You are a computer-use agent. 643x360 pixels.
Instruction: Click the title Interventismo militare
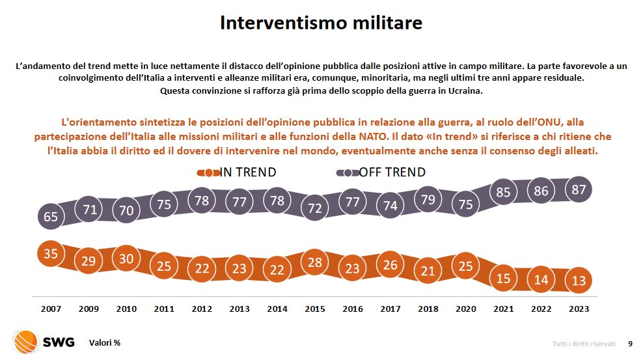321,23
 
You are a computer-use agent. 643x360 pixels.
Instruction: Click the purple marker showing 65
51,217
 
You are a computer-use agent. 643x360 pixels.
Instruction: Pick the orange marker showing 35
51,253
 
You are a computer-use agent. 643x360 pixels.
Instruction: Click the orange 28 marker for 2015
316,262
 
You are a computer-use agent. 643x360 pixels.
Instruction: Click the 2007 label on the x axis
51,309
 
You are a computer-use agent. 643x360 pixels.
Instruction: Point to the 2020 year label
467,309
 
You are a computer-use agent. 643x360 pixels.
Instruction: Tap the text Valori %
105,343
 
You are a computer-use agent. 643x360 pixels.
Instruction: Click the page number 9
629,343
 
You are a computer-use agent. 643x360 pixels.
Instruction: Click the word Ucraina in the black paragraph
465,90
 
